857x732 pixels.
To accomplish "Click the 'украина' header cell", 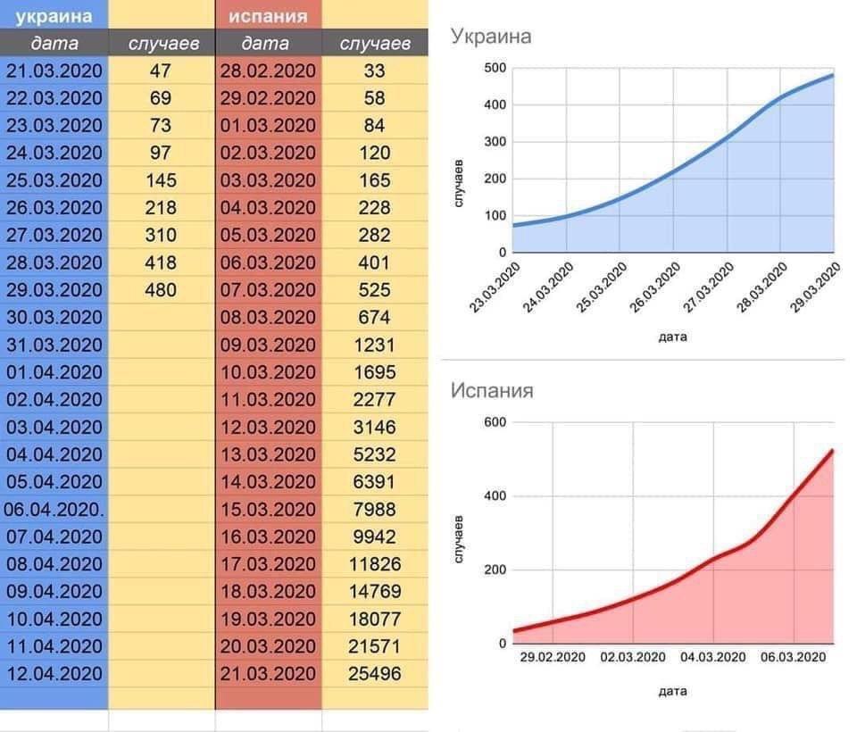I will (54, 15).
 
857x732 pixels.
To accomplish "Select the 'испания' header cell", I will (268, 15).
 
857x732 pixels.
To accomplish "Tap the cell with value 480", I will (161, 290).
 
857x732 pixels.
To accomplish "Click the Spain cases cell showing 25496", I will (375, 673).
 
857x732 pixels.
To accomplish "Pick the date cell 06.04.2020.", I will (54, 509).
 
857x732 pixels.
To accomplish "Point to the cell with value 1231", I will (375, 345).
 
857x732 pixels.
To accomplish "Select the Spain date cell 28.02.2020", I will (268, 71).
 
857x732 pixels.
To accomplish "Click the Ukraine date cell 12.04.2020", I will (54, 673).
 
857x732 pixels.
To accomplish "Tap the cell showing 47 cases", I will (161, 71).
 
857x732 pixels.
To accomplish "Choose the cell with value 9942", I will (375, 537).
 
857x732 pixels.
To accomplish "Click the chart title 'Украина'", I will (490, 37).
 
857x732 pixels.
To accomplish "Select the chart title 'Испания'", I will (491, 391).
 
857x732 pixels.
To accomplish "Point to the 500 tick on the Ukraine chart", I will (495, 68).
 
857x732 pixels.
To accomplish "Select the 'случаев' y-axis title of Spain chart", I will (459, 538).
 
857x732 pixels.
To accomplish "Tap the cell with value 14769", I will (375, 591).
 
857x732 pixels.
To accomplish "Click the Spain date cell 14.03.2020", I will (268, 482).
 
